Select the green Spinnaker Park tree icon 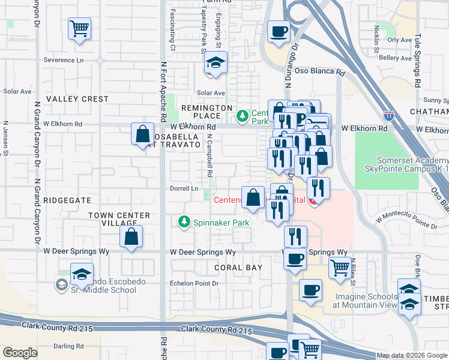[184, 223]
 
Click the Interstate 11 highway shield [389, 113]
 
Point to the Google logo [20, 352]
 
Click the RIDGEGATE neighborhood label [67, 200]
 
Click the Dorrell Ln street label [185, 188]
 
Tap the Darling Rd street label [69, 346]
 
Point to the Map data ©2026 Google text [411, 355]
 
